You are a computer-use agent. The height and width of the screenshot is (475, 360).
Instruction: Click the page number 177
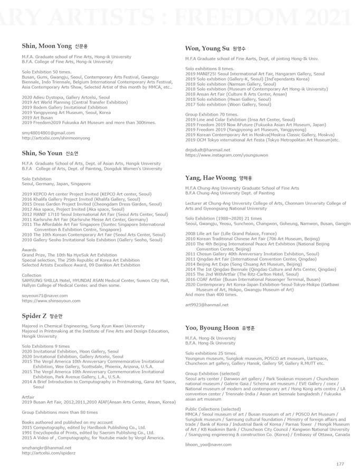coord(340,463)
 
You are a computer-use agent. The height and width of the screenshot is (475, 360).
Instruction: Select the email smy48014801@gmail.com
coord(45,132)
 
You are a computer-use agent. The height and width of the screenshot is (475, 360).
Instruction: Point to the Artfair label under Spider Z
coord(29,396)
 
